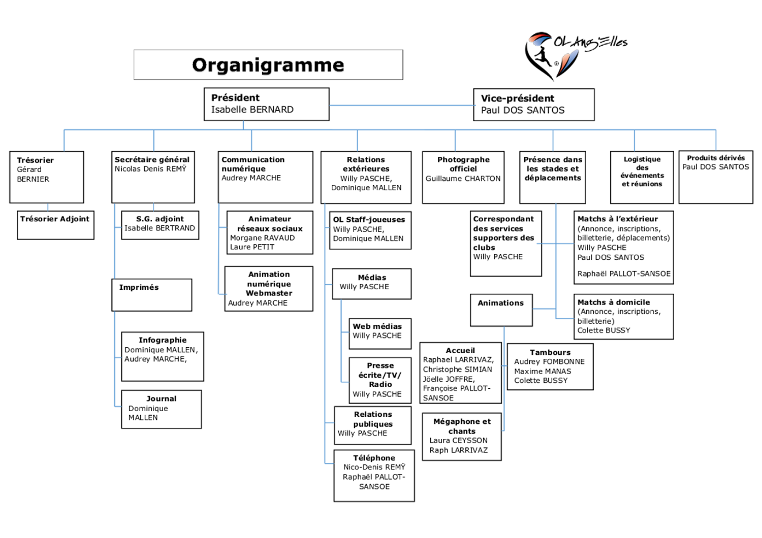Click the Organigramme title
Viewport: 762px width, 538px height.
(268, 65)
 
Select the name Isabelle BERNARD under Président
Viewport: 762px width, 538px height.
(252, 110)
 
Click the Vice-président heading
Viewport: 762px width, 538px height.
(517, 98)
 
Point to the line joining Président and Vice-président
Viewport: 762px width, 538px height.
(401, 106)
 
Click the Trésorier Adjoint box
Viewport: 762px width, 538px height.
(55, 225)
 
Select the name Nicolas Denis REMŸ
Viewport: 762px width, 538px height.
(150, 169)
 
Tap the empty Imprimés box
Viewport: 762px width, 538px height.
(151, 295)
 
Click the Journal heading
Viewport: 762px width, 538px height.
(161, 399)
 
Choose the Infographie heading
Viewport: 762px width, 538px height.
(163, 340)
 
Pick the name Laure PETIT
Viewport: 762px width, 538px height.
(252, 247)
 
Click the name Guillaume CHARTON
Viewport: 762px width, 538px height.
(463, 179)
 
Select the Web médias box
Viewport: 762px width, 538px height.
(379, 333)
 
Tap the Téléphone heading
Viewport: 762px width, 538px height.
(374, 458)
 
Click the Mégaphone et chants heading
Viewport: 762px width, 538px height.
(462, 426)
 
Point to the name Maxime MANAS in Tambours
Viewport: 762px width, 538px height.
(543, 372)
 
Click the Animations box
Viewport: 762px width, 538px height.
(501, 310)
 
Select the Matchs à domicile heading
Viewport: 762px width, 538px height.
(614, 302)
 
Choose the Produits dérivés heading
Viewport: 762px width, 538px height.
(716, 158)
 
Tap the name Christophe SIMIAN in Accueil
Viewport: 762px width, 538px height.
(457, 369)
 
